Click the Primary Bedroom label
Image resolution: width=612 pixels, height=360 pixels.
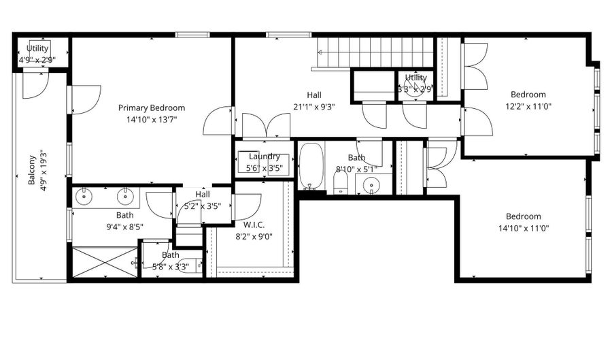coord(151,108)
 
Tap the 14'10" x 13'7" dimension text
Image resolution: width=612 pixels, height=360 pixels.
coord(151,120)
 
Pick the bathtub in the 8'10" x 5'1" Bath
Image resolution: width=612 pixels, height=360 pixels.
coord(311,165)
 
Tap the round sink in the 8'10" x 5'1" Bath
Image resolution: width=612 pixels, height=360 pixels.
coord(372,184)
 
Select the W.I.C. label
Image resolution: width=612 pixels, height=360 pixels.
coord(254,225)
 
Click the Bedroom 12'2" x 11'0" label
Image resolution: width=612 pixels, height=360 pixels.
coord(528,95)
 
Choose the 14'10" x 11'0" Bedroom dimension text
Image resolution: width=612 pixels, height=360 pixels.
coord(523,229)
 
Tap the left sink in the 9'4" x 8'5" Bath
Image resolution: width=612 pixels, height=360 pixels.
coord(84,197)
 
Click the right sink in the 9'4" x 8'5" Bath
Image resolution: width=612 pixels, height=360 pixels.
coord(125,197)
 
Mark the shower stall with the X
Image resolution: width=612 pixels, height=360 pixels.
coord(105,262)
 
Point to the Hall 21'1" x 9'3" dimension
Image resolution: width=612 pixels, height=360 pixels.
coord(313,107)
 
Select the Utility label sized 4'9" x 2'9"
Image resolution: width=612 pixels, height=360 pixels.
coord(37,48)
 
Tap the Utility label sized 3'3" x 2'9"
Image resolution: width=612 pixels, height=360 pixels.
coord(415,78)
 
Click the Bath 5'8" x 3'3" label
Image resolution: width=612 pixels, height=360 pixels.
coord(171,255)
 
